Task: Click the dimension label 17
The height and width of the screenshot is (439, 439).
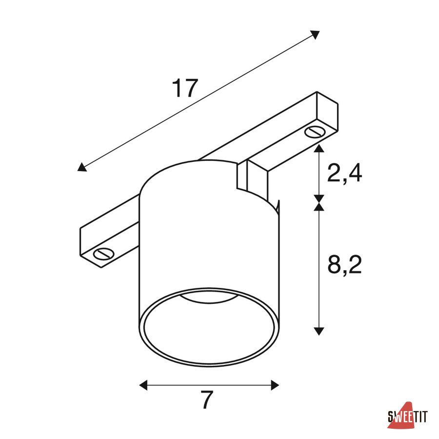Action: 185,88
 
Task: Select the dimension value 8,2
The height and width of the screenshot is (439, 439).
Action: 345,264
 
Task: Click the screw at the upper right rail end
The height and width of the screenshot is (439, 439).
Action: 315,132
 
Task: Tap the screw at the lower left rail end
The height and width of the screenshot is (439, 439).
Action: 104,254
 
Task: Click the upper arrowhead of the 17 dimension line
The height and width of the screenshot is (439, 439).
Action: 315,35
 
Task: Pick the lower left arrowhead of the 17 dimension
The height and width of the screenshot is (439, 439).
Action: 82,167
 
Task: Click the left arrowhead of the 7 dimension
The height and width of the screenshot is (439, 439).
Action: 143,385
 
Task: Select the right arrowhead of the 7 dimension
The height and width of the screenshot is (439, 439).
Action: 275,385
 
